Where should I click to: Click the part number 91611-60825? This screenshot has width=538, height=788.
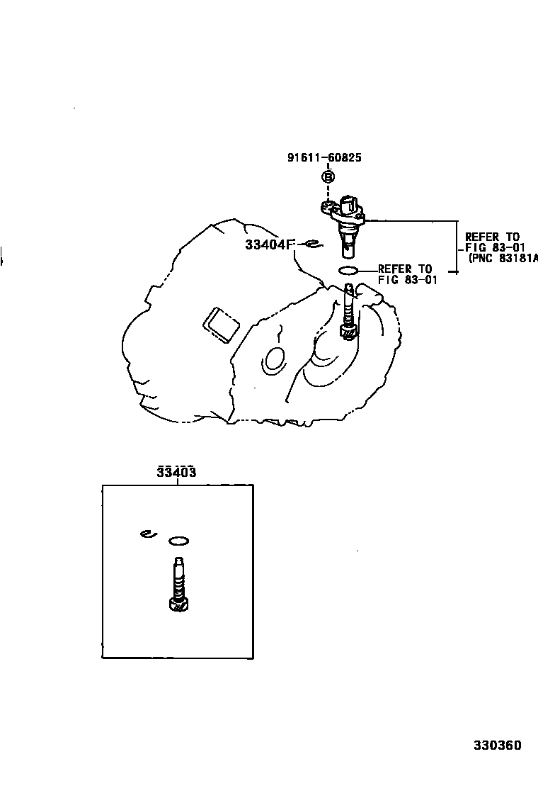[324, 157]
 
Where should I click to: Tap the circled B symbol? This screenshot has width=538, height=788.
[328, 177]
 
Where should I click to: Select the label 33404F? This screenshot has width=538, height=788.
[268, 244]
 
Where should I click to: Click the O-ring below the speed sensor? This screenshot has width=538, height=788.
[348, 269]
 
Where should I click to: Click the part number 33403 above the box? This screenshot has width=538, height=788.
[176, 473]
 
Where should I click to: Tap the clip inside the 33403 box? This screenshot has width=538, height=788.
[147, 534]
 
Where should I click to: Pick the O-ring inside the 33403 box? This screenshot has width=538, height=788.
[179, 542]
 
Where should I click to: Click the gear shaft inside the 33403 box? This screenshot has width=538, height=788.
[179, 578]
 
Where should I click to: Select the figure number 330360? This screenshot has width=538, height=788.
[497, 745]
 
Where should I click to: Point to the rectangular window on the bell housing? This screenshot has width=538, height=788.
[220, 323]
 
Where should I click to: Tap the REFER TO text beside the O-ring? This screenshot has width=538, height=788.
[404, 269]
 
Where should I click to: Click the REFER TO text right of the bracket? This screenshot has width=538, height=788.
[492, 237]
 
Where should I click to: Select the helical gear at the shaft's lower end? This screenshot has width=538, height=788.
[348, 330]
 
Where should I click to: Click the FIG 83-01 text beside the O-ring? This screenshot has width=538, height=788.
[408, 279]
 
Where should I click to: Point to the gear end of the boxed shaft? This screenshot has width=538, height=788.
[178, 604]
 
